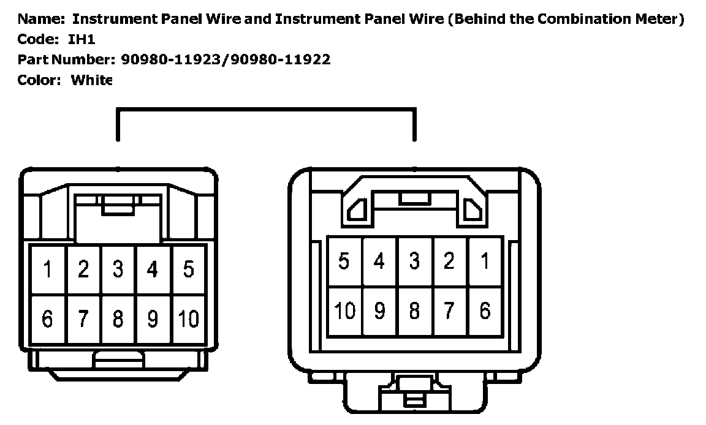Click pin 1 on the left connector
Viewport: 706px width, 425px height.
[47, 269]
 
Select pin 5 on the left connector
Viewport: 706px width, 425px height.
[189, 269]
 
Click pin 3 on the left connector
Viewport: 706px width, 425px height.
[118, 269]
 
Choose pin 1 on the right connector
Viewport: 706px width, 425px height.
[485, 261]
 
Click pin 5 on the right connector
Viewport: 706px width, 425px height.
[344, 261]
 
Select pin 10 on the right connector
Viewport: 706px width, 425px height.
[344, 311]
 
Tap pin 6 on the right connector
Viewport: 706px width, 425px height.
[485, 311]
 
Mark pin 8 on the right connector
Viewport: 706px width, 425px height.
[414, 311]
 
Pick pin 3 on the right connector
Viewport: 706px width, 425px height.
[414, 261]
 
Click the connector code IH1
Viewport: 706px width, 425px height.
[82, 39]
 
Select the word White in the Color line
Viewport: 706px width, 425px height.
[92, 80]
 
